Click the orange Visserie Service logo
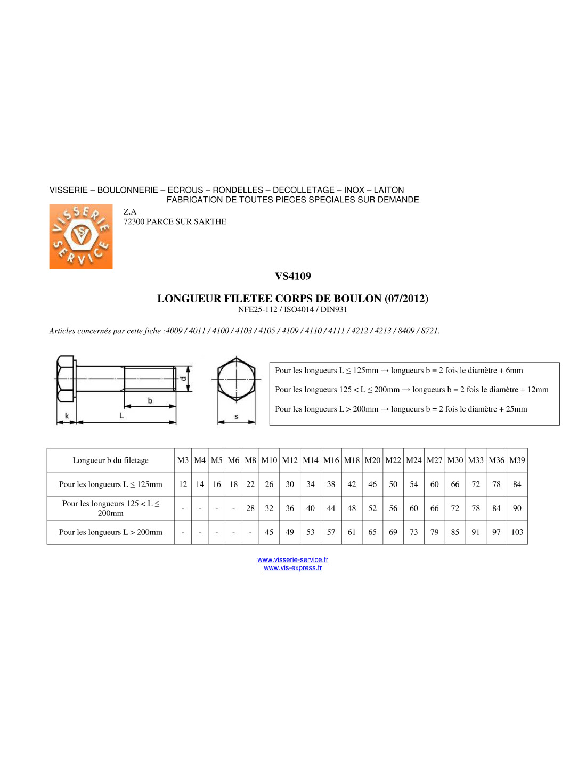(x=81, y=237)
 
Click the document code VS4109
(x=292, y=276)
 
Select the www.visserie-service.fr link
(x=292, y=559)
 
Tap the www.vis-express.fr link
(x=292, y=568)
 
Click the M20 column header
(x=372, y=460)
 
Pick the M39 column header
(x=517, y=460)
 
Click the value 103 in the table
(x=517, y=532)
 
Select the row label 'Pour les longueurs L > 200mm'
(x=110, y=532)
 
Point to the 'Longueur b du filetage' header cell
(x=110, y=460)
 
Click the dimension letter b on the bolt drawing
(x=150, y=400)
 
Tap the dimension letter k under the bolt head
(x=67, y=415)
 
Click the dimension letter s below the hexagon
(x=237, y=416)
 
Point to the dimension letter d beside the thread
(x=183, y=378)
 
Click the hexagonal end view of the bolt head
(x=237, y=379)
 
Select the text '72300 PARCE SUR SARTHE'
(x=175, y=221)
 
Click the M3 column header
(x=183, y=460)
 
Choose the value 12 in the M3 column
(x=183, y=484)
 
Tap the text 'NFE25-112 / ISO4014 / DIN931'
(x=292, y=309)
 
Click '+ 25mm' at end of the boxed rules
(x=513, y=409)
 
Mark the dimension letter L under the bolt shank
(x=121, y=415)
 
